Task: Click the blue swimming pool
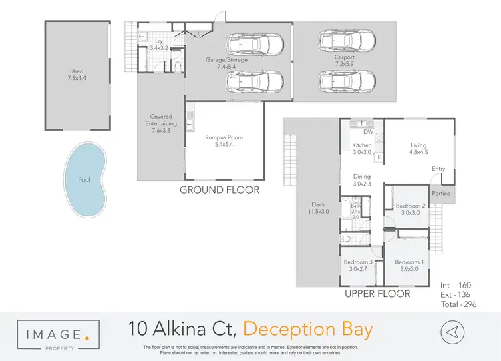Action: (85, 179)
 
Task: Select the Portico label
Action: (441, 194)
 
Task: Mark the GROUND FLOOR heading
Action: (219, 190)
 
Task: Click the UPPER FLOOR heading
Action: (377, 294)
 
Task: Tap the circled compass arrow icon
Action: (452, 331)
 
